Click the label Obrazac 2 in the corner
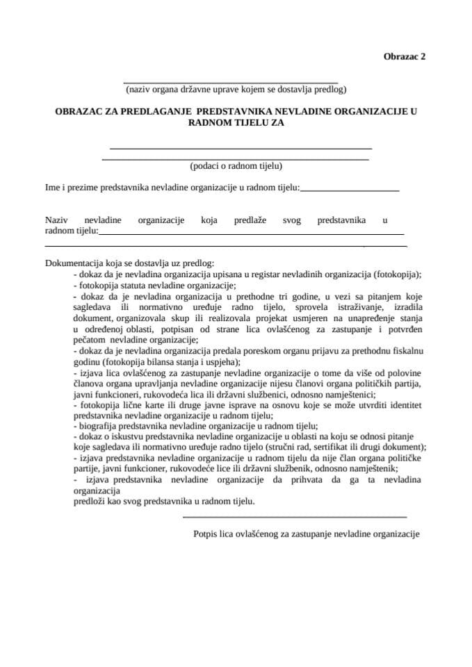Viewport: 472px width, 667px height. pos(404,58)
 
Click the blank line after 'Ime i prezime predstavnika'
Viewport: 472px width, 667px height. pos(350,190)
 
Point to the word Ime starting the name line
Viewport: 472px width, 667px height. pos(52,187)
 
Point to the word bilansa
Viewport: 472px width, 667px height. pos(172,362)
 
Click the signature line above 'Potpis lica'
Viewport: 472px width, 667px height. pos(295,517)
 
